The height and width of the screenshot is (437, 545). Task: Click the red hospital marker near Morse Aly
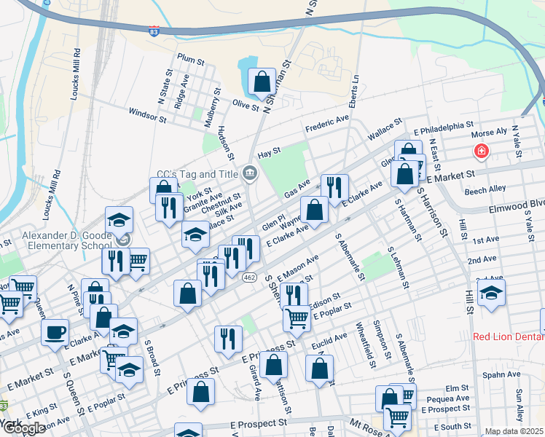pos(481,151)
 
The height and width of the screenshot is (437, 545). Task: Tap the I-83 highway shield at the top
pos(153,31)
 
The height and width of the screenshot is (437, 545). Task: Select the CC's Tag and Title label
pos(197,175)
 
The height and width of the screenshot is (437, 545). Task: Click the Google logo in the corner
pos(23,428)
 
